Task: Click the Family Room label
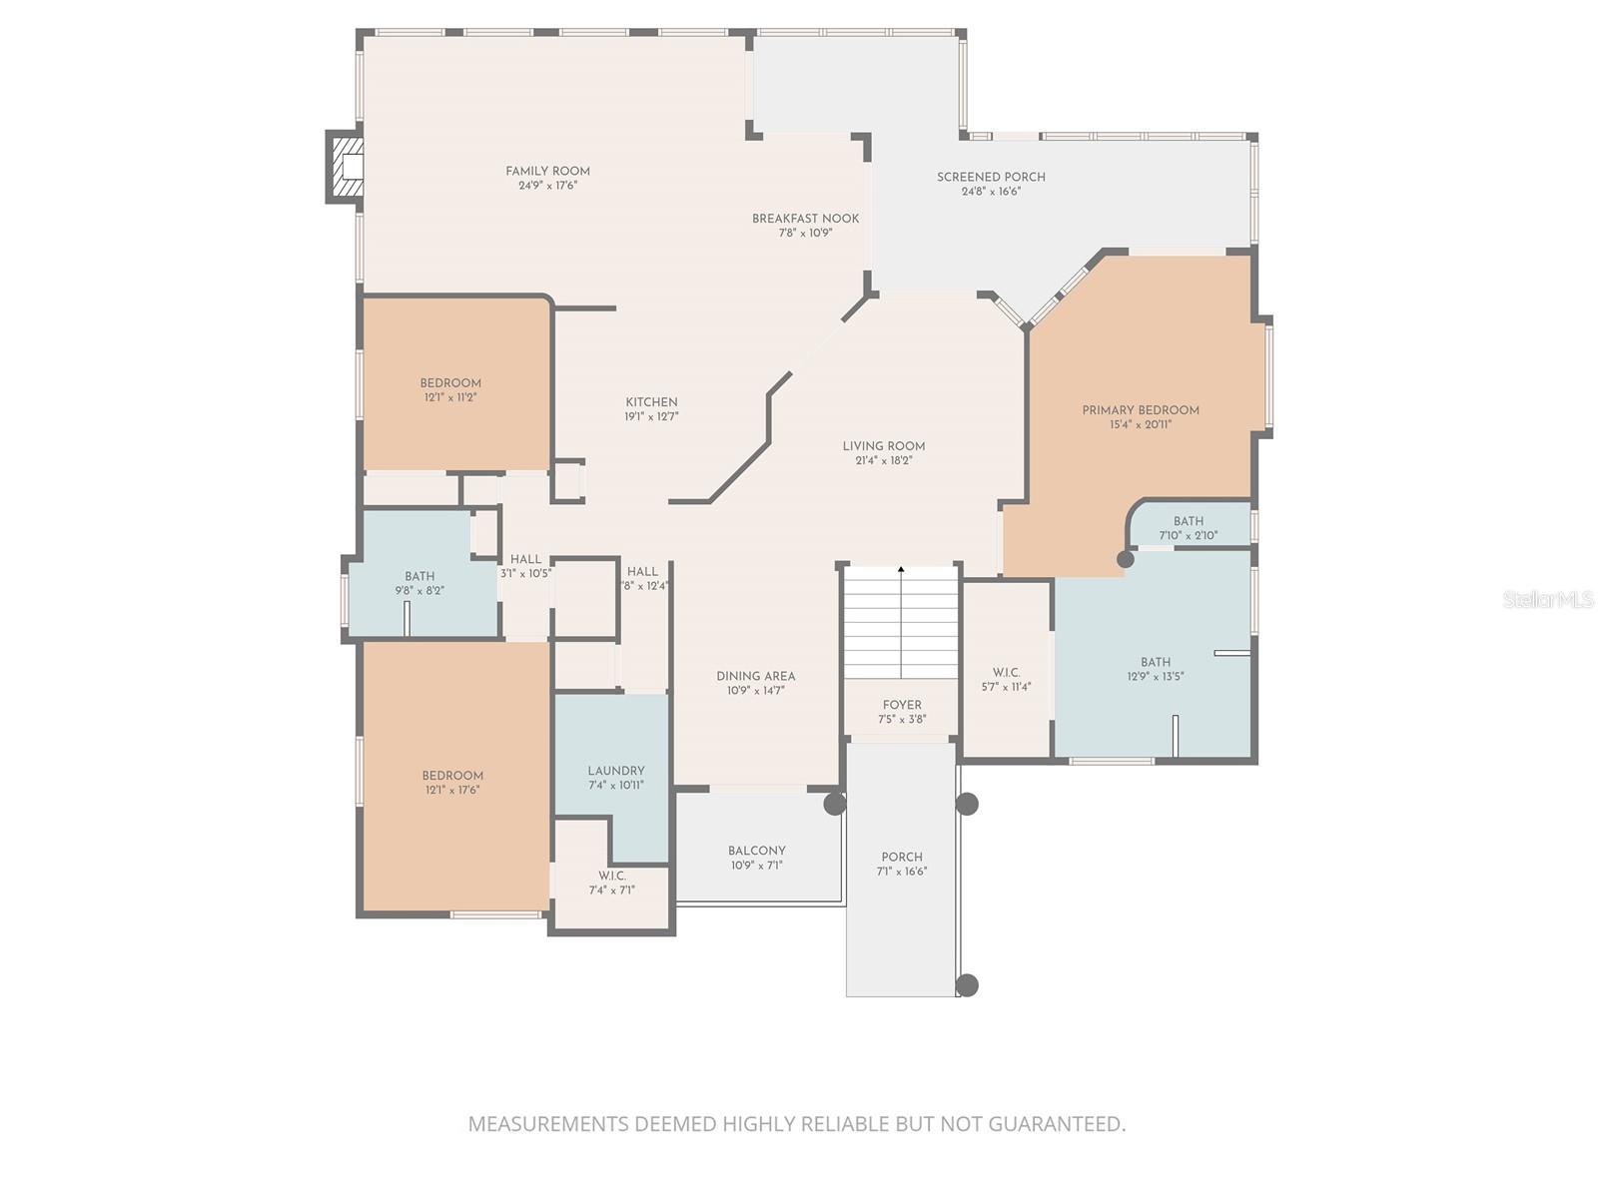point(547,171)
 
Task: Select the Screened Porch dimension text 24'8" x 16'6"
point(991,192)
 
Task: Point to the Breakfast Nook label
point(805,219)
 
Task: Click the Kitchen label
point(651,402)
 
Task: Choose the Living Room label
point(883,446)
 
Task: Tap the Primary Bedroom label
point(1141,410)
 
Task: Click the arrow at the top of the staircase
point(901,570)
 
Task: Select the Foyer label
point(902,705)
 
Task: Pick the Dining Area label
point(755,676)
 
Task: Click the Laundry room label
point(615,771)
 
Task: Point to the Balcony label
point(756,851)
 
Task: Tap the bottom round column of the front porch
point(966,985)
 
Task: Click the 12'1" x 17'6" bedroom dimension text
point(452,790)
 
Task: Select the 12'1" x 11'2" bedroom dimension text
point(450,397)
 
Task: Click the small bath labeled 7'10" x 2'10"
point(1188,528)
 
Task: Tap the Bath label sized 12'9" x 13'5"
point(1156,662)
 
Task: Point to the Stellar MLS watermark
point(1547,600)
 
